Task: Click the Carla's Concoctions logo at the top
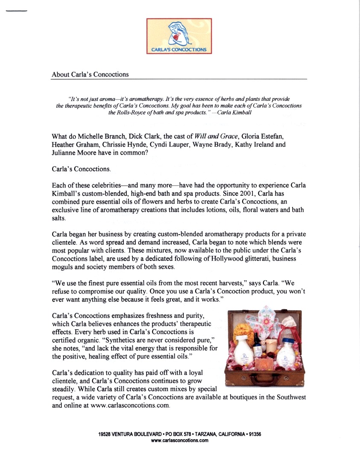pos(179,36)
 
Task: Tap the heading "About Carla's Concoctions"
pos(90,75)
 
